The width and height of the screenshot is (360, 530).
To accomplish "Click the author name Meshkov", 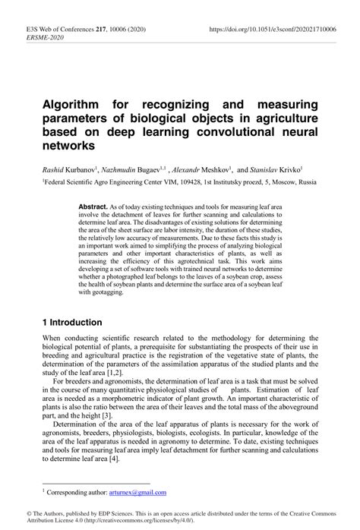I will pos(216,172).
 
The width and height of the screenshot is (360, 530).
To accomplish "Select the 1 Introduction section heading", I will pos(71,322).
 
